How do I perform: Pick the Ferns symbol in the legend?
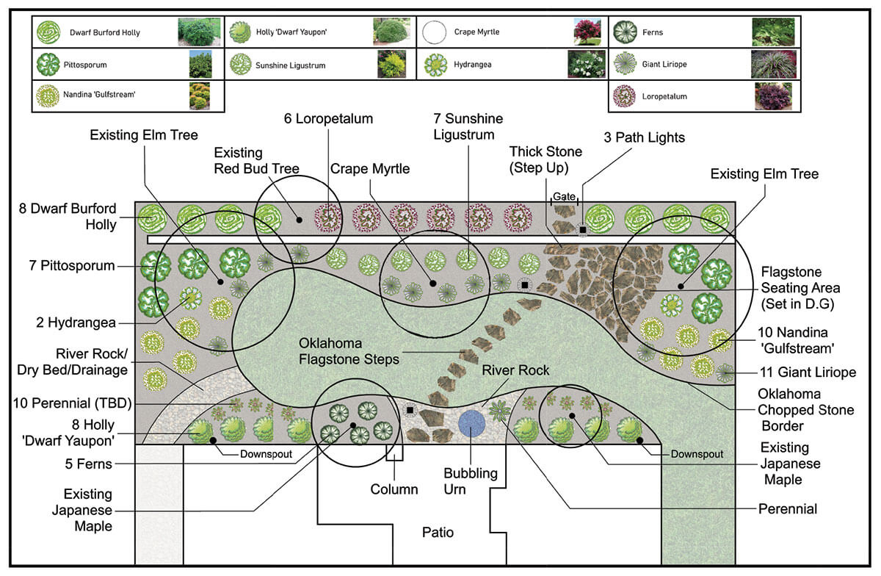point(625,32)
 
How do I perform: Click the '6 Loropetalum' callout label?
point(328,118)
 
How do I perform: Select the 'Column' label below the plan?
point(394,489)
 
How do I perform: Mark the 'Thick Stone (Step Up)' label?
point(545,159)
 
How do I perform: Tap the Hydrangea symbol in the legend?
point(435,65)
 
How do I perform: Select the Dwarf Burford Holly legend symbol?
point(48,32)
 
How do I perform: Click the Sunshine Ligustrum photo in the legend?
point(391,65)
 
